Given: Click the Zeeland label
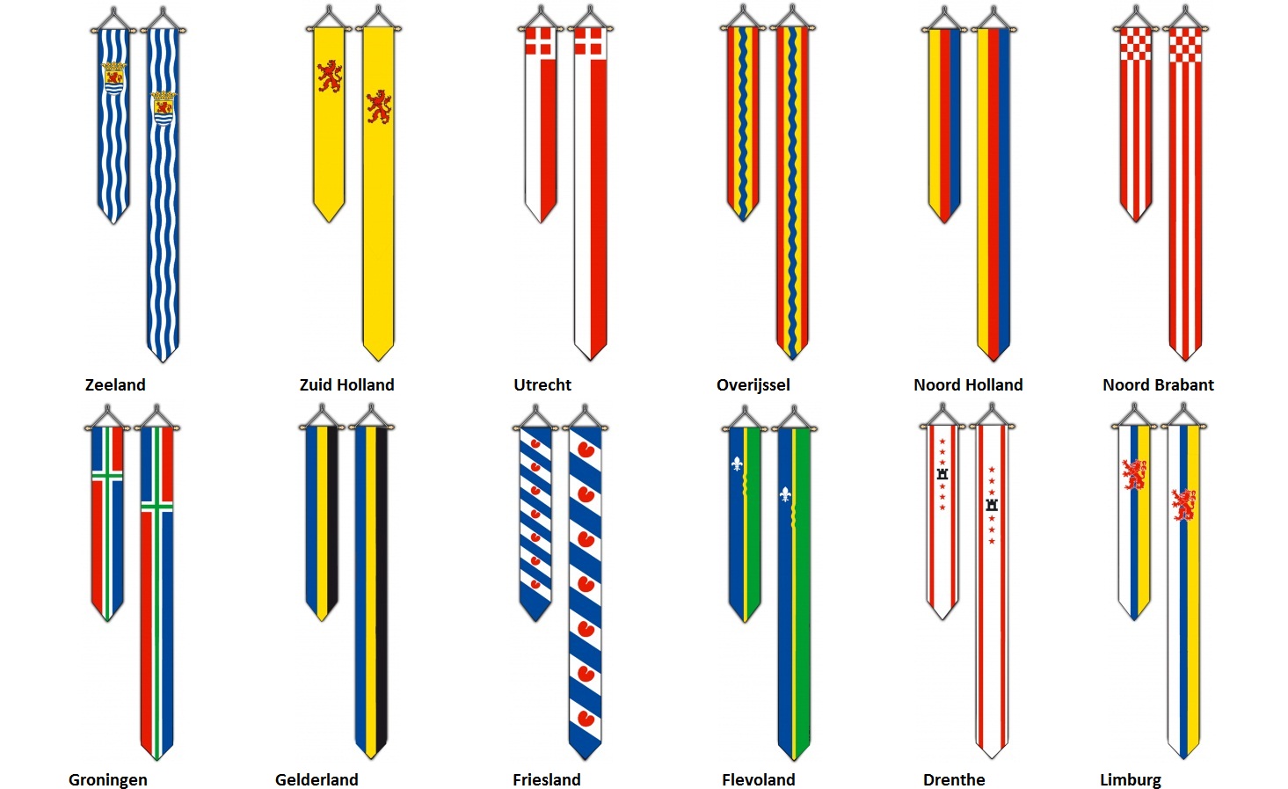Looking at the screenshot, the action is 115,384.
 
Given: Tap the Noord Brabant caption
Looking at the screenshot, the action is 1158,384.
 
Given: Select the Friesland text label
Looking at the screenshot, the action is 546,780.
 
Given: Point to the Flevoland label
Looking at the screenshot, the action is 759,780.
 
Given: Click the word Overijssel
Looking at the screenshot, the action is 753,385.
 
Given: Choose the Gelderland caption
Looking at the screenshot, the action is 317,780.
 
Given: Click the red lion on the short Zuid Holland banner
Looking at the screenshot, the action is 330,76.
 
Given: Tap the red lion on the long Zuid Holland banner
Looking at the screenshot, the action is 379,106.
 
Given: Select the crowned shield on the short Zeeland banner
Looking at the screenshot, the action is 113,77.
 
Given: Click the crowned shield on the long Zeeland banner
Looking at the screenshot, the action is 164,108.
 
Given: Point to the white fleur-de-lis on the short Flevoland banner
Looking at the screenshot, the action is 737,464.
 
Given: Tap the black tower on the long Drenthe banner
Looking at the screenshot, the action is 992,506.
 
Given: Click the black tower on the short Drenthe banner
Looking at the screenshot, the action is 942,474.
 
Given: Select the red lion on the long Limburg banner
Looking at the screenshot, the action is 1183,505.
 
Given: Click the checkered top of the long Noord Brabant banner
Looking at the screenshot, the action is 1185,45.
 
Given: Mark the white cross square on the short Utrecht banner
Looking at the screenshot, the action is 540,42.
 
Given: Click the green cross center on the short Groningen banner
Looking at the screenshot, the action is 107,476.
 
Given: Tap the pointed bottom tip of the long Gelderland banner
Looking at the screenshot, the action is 371,758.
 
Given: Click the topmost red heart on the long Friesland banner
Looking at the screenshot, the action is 586,449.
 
